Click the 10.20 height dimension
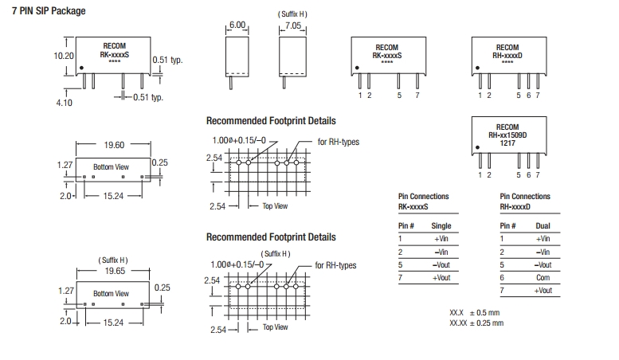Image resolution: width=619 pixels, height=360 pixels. tap(64, 57)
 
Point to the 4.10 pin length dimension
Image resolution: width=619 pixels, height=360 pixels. tap(65, 103)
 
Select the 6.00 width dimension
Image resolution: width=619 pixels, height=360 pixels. tap(237, 25)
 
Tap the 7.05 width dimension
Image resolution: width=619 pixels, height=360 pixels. tap(293, 25)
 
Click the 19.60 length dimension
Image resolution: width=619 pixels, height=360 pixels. tap(114, 145)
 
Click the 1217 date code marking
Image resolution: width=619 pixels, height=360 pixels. tap(507, 143)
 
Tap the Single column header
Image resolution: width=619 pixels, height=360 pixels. tap(441, 226)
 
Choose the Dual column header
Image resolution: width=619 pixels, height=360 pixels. tap(543, 226)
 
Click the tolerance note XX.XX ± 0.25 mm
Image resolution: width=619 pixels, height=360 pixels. tap(476, 323)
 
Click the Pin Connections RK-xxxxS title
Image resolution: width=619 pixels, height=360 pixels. tap(423, 202)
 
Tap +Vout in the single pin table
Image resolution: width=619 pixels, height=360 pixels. tap(441, 277)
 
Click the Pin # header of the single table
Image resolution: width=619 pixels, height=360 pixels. tap(406, 226)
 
